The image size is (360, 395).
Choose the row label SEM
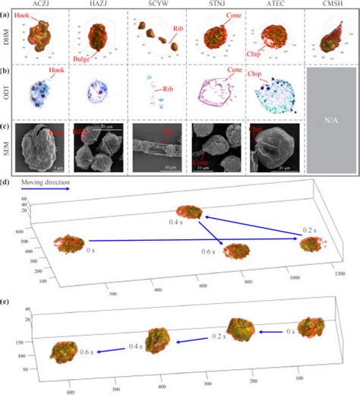tap(6, 148)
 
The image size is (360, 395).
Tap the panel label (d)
tap(6, 183)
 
